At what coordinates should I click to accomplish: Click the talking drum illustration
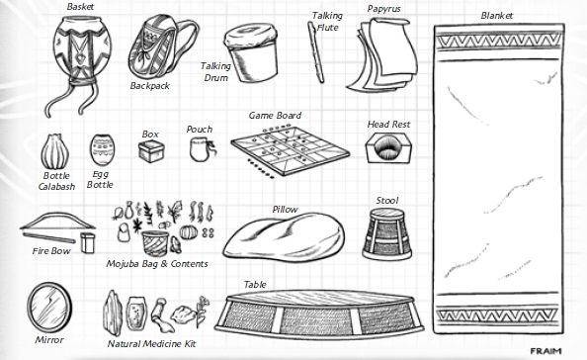pos(252,52)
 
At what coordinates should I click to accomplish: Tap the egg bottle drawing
pos(102,150)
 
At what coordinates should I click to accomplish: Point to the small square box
pos(151,151)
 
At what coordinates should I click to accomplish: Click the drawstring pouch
pos(202,149)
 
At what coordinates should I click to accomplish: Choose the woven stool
pos(387,234)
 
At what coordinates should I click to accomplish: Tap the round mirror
pos(49,308)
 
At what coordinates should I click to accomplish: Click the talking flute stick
pos(315,52)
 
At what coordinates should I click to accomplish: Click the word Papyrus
pos(383,9)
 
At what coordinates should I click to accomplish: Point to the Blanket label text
pos(497,16)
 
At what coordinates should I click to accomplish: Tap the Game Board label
pos(275,116)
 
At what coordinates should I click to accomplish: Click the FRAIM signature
pos(545,351)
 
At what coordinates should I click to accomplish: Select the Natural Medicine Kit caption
pos(151,344)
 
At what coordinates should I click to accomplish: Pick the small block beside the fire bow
pos(88,242)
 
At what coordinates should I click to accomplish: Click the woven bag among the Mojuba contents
pos(155,242)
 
